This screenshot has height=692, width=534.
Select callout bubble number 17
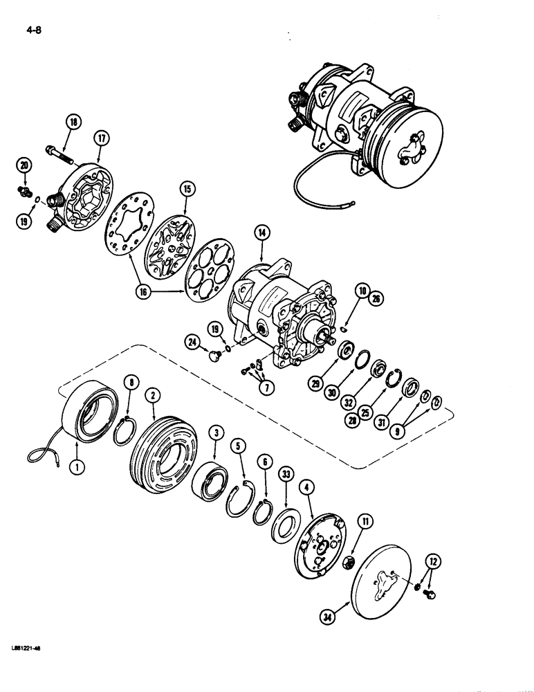point(101,138)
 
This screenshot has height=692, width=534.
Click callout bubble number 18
point(73,123)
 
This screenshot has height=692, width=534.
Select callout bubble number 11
point(366,520)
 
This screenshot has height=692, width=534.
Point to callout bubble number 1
point(76,468)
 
